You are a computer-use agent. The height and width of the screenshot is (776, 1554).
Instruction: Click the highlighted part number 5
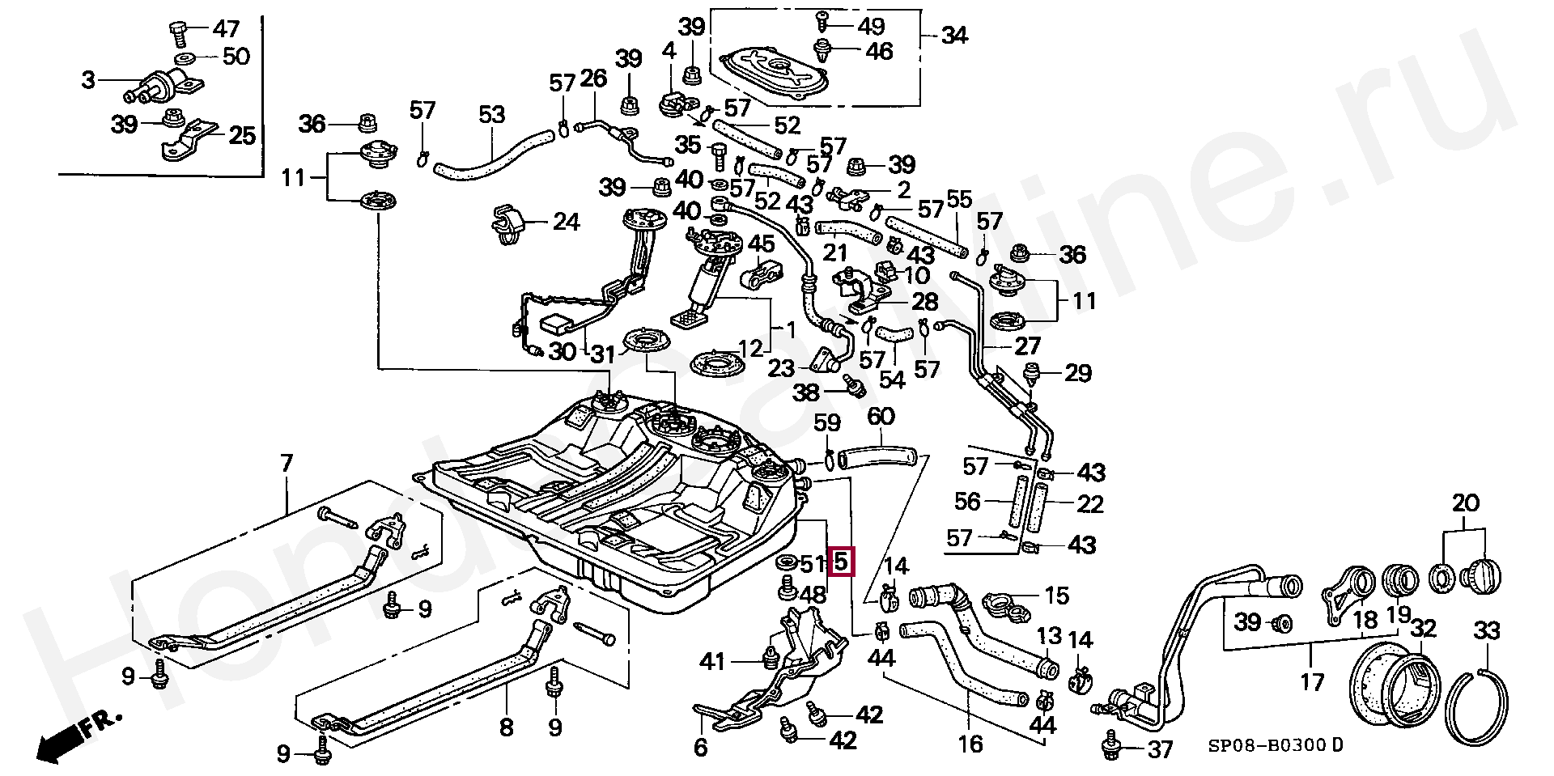click(x=842, y=561)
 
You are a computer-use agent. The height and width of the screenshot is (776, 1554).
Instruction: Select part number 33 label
click(x=1487, y=630)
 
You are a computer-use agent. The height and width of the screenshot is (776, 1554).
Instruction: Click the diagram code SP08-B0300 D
click(x=1276, y=745)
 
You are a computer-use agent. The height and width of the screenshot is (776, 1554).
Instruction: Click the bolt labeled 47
click(x=179, y=33)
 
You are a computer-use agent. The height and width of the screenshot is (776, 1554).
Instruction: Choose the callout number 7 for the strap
click(x=286, y=464)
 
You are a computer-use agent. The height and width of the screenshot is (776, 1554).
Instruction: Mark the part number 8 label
click(x=507, y=727)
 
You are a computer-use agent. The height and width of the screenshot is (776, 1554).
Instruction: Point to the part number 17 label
click(x=1312, y=681)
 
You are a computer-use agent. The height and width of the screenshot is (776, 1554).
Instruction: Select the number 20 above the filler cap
click(x=1465, y=503)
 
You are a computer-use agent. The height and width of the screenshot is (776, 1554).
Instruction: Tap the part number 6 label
click(x=701, y=747)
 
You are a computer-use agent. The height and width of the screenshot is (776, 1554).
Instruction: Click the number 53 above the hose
click(x=491, y=115)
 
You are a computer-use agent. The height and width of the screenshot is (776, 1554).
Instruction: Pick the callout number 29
click(x=1077, y=373)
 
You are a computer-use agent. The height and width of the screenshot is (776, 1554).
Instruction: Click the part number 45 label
click(x=761, y=244)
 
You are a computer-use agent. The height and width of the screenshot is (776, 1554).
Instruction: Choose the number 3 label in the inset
click(x=88, y=80)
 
